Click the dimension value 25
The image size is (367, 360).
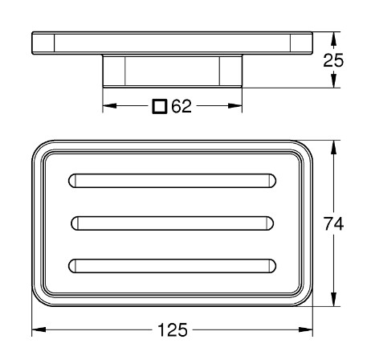(x=333, y=60)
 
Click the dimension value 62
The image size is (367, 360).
(x=181, y=106)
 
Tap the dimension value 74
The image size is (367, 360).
(x=333, y=223)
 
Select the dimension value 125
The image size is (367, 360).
(x=173, y=329)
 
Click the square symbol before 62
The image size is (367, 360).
(x=160, y=106)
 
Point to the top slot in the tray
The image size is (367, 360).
(x=172, y=181)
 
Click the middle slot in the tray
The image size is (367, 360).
(x=172, y=223)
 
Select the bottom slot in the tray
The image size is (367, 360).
(x=172, y=266)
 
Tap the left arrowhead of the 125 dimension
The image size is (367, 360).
(x=39, y=329)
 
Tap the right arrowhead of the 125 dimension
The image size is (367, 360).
(x=306, y=329)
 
